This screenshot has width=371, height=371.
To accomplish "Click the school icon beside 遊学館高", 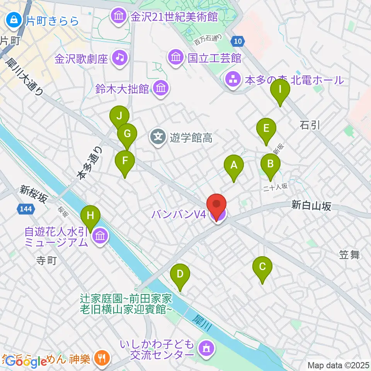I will pyautogui.click(x=158, y=136).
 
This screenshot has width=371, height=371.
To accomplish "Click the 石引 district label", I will pyautogui.click(x=310, y=125).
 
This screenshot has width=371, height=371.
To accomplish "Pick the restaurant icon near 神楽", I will pyautogui.click(x=102, y=358).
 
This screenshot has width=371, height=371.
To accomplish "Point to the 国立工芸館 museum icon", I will pyautogui.click(x=176, y=58).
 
